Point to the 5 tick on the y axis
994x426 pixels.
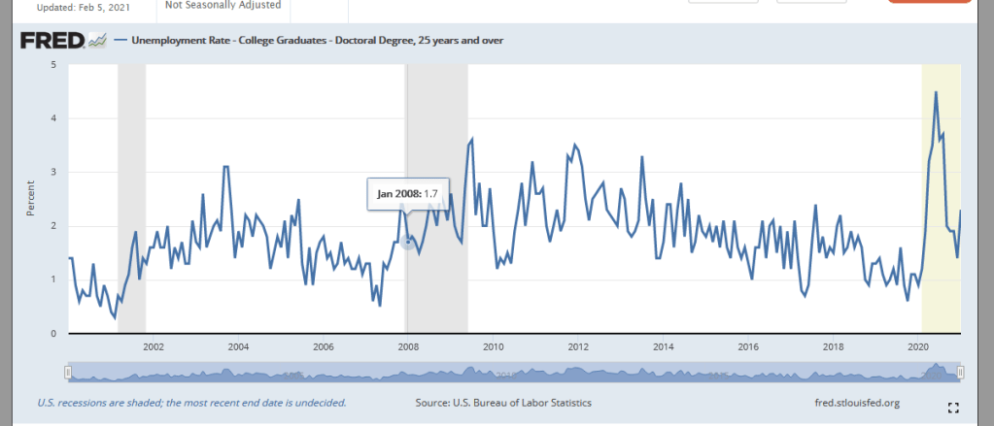[53, 65]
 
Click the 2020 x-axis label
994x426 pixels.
[919, 346]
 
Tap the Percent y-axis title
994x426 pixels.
[29, 199]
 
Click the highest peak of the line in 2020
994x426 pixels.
[936, 92]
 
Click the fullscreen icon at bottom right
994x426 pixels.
[953, 407]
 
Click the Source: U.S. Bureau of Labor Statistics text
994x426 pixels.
[503, 402]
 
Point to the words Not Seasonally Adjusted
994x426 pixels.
[223, 5]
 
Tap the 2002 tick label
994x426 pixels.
[153, 346]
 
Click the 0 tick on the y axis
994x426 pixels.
[53, 334]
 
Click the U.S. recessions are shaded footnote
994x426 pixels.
[190, 402]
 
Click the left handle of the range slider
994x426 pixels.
[67, 373]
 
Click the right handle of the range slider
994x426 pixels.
[960, 373]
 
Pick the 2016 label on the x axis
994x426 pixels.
[748, 346]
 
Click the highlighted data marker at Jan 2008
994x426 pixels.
[408, 242]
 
